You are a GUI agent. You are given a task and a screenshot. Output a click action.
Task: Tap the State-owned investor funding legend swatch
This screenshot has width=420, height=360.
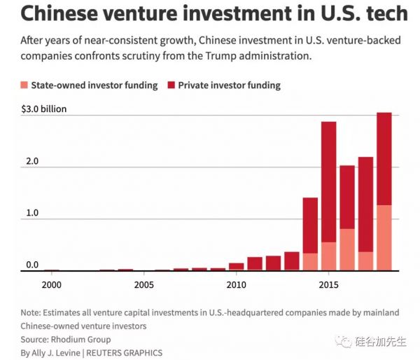[x=24, y=85]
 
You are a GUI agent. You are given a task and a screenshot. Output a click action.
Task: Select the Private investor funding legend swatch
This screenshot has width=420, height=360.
[x=171, y=85]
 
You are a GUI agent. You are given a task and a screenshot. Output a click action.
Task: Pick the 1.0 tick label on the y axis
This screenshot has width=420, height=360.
[x=32, y=219]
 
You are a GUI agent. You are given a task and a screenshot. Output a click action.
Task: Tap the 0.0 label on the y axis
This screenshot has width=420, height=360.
[x=32, y=265]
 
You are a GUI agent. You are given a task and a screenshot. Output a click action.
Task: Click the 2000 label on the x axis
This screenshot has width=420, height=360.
[x=50, y=285]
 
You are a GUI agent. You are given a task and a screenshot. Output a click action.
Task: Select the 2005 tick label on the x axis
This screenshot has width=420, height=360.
[x=143, y=285]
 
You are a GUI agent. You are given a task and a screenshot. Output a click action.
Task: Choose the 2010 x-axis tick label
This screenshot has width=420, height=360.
[x=237, y=285]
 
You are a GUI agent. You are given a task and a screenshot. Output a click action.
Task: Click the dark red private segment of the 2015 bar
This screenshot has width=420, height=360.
[x=329, y=182]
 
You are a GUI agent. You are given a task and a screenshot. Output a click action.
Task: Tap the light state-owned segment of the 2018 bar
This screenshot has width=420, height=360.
[x=384, y=237]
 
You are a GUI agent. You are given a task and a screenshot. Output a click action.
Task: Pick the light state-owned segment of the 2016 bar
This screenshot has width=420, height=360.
[x=347, y=249]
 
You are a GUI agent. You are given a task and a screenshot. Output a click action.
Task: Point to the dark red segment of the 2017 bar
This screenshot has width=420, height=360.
[x=365, y=204]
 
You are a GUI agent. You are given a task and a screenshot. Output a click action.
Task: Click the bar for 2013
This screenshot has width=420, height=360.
[x=292, y=261]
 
